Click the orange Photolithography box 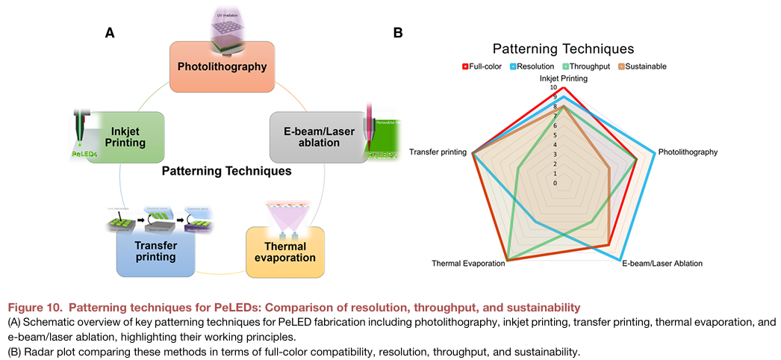[222, 66]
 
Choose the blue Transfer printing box [155, 251]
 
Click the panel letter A [110, 32]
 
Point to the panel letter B [398, 32]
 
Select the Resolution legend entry [533, 66]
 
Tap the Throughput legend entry [586, 66]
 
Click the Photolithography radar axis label [688, 152]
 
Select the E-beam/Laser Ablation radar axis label [662, 264]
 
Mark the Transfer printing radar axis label [438, 152]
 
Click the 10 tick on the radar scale [553, 87]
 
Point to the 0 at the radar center [555, 183]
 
